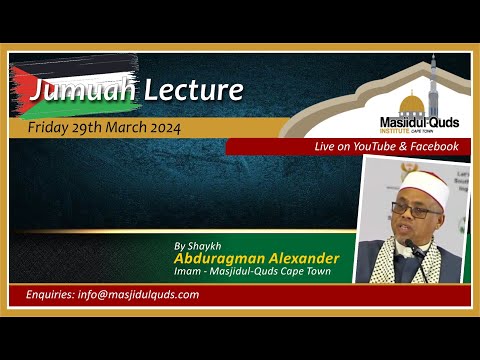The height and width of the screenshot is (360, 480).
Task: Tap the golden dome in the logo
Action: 410,102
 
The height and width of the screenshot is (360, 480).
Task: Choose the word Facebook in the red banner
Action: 431,147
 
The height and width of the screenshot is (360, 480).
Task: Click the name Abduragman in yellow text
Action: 215,259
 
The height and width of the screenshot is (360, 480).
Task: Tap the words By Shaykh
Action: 194,244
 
